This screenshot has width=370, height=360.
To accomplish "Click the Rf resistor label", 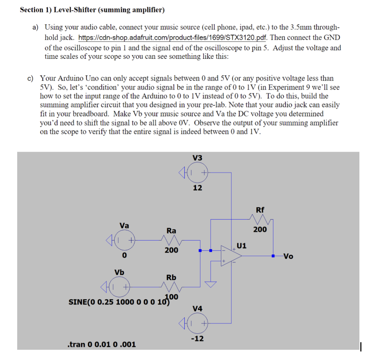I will click(x=260, y=210).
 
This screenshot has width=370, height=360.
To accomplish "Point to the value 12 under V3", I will click(x=197, y=188).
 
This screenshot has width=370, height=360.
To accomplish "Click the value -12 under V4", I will click(x=197, y=339).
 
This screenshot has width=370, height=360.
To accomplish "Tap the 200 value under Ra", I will click(x=171, y=250).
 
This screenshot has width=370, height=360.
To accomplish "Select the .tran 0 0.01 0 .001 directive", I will click(x=102, y=344).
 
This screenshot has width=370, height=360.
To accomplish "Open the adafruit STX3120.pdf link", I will click(x=173, y=38).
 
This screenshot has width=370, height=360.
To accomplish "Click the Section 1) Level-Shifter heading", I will click(x=92, y=10).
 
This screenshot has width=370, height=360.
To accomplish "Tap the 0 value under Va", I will click(x=124, y=255).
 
